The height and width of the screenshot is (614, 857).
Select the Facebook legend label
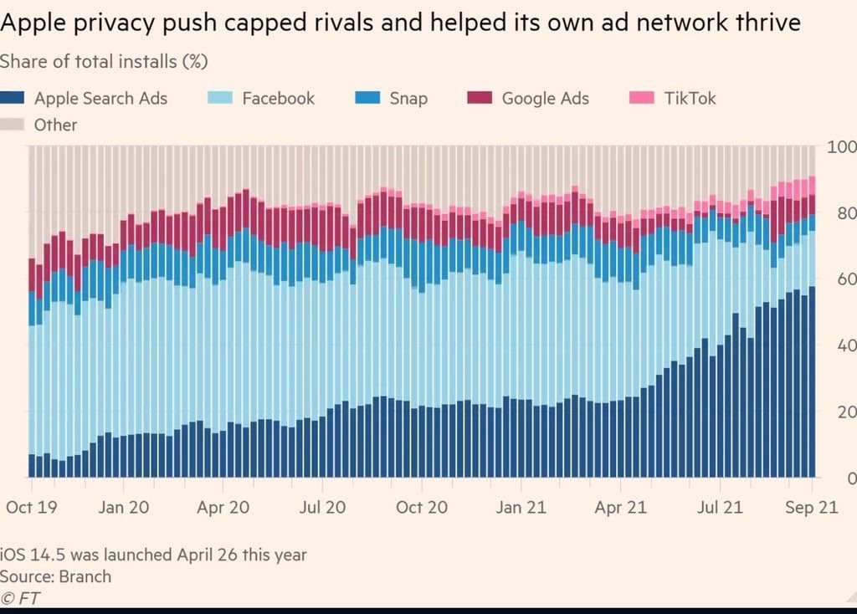tap(278, 99)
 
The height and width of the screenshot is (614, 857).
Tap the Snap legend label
tap(408, 99)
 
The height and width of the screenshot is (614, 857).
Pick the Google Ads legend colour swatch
tap(479, 99)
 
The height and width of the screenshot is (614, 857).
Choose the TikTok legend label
tap(690, 99)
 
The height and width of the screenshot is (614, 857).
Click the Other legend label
tap(55, 125)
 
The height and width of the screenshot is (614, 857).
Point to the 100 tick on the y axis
tap(841, 147)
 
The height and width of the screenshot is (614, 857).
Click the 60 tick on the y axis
tap(845, 279)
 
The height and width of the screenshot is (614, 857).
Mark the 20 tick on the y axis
tap(845, 412)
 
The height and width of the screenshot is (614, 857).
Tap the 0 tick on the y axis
tap(850, 478)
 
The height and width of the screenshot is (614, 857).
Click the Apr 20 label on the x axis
tap(223, 507)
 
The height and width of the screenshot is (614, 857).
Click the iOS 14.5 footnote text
tap(153, 555)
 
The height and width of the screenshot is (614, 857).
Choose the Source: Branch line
tap(55, 576)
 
